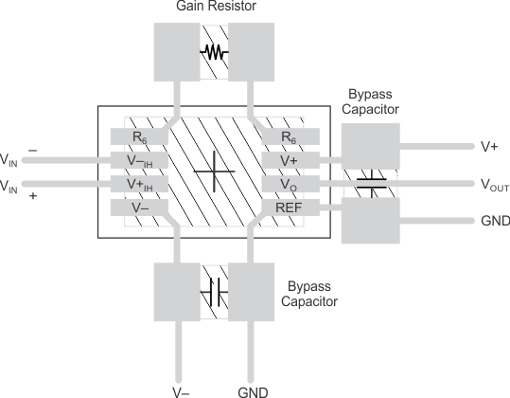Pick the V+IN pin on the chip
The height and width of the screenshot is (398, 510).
[x=139, y=183]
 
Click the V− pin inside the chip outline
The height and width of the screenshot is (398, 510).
[x=139, y=207]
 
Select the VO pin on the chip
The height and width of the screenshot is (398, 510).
[x=289, y=184]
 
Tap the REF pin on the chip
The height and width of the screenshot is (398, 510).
[x=289, y=207]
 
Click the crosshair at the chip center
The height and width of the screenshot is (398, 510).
[x=214, y=172]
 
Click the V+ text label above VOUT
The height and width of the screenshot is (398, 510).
[x=489, y=148]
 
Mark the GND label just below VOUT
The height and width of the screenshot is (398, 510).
[x=495, y=221]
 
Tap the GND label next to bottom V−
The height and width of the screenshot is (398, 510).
[x=252, y=390]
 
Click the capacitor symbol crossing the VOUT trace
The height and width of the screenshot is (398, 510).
[x=370, y=183]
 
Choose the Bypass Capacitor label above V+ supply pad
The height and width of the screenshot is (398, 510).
[x=370, y=101]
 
